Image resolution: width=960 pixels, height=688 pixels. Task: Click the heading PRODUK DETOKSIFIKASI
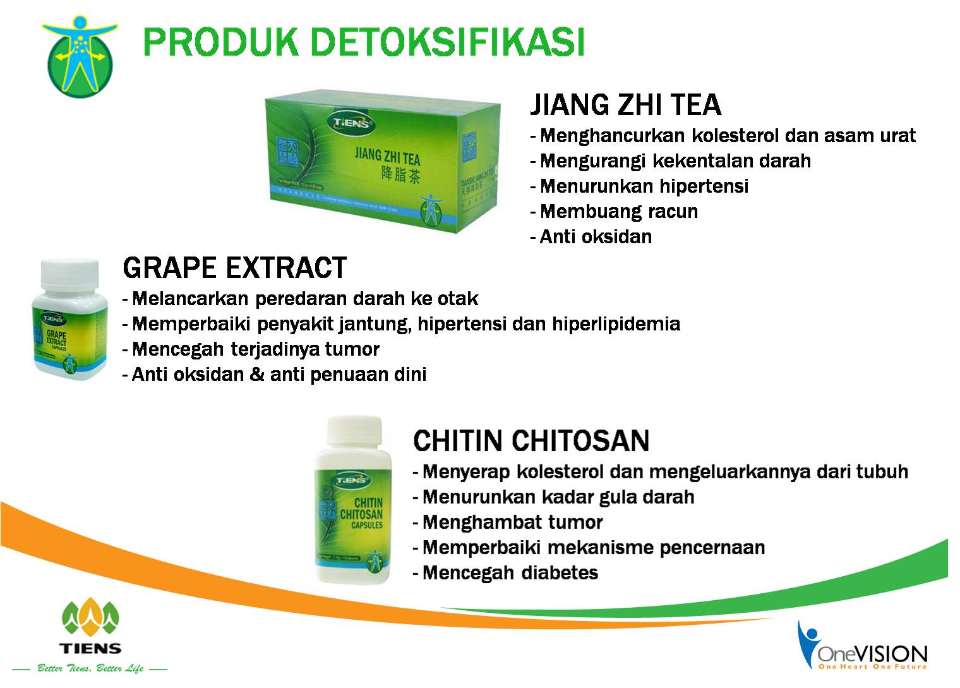(364, 42)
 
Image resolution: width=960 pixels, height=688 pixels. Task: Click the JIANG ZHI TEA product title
(625, 105)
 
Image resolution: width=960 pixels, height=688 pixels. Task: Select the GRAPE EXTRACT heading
(234, 268)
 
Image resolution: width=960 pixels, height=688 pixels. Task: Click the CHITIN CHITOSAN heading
(531, 440)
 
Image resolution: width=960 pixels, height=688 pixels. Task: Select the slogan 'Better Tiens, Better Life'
(90, 668)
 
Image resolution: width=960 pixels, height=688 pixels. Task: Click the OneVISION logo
(863, 648)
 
